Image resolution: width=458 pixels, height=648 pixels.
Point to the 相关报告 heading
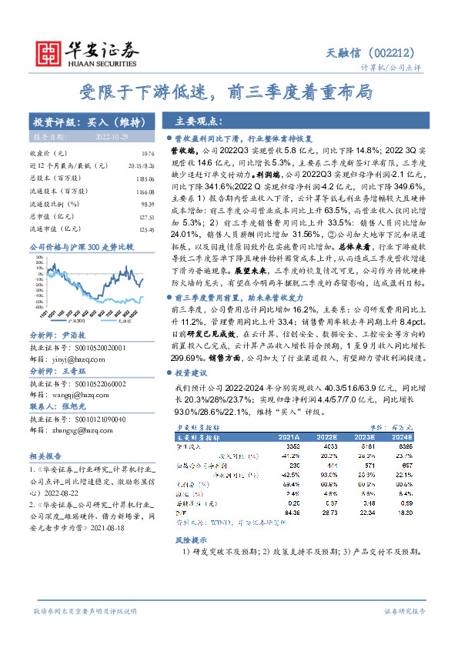45,456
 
